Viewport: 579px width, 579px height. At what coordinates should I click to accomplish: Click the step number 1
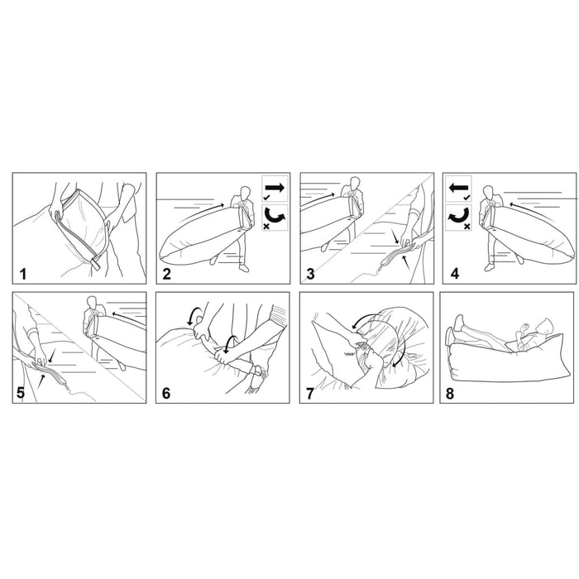point(23,274)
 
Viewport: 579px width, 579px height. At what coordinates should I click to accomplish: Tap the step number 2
point(167,274)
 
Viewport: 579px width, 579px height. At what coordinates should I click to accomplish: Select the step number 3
point(310,274)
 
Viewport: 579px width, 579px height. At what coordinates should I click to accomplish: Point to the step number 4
point(455,274)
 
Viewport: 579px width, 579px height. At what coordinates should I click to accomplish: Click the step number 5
point(21,393)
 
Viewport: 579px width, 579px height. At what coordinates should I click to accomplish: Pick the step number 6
point(166,393)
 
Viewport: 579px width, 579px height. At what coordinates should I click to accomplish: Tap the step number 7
point(310,394)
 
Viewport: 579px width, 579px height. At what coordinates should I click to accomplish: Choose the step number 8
point(450,394)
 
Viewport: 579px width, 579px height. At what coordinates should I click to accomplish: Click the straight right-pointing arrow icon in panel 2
point(275,188)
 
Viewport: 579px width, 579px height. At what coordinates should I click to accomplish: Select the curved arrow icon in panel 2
point(275,217)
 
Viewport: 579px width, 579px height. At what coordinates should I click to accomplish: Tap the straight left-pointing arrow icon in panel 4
point(458,188)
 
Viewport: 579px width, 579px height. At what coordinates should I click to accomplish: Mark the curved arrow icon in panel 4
point(458,216)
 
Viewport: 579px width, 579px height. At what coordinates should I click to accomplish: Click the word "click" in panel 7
point(349,354)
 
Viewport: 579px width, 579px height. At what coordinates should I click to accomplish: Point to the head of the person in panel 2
point(245,193)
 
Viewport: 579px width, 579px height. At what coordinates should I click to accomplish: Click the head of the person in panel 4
point(489,192)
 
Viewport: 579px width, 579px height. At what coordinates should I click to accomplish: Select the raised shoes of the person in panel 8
point(454,328)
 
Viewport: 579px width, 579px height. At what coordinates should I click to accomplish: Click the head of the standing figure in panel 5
point(92,303)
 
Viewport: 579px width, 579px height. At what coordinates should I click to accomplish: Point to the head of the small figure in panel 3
point(355,183)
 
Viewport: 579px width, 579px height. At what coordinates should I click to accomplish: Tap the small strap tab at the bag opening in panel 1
point(95,265)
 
